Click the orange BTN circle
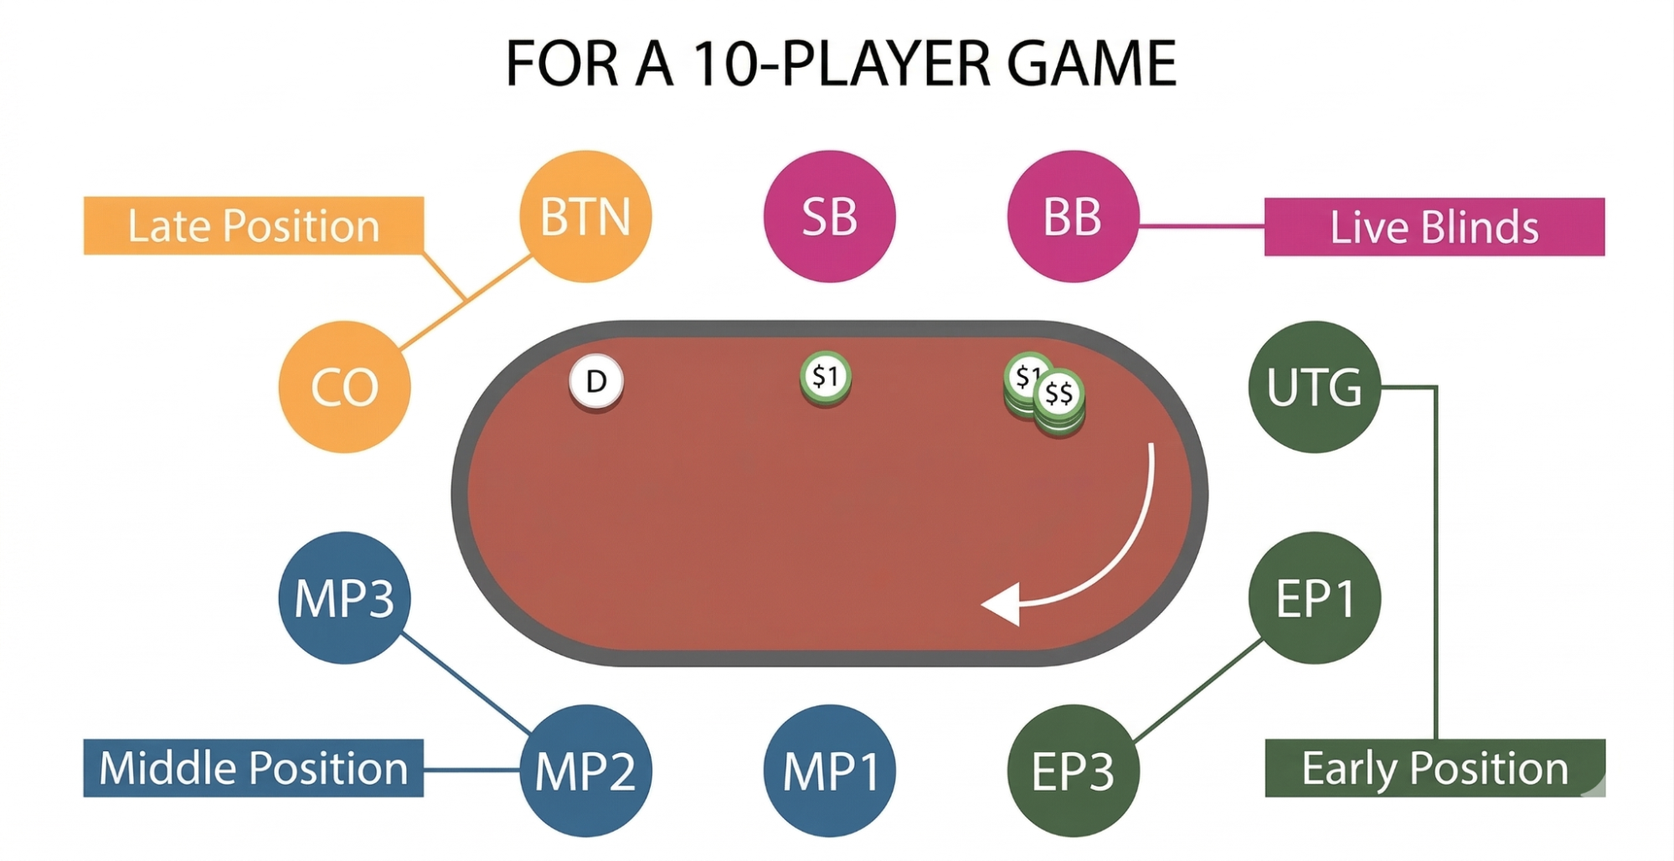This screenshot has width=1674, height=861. coord(585,216)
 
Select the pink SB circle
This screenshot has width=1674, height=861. coord(829,216)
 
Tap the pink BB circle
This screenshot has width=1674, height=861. coord(1073,216)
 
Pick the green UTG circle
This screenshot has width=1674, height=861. coord(1314,387)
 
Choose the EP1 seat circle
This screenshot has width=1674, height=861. coord(1314,598)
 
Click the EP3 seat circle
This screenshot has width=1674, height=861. coord(1073,771)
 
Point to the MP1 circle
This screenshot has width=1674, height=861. coord(829,771)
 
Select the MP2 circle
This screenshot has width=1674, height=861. coord(585,771)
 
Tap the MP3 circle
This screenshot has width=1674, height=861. coord(344,598)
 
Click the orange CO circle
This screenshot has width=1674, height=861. coord(344,387)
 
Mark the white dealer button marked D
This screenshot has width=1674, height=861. coord(596,382)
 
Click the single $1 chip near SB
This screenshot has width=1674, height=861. coord(826,378)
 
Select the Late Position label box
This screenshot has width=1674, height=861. coord(254,225)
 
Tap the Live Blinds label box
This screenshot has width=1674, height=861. coord(1434,227)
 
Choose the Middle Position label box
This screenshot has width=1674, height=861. coord(254,768)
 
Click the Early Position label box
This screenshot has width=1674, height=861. coord(1435,768)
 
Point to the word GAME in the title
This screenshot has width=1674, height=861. coord(1092,64)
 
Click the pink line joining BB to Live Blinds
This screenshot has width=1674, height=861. coord(1202,225)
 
